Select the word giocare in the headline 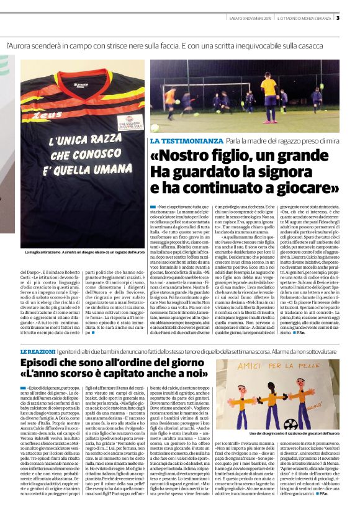(304, 187)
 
